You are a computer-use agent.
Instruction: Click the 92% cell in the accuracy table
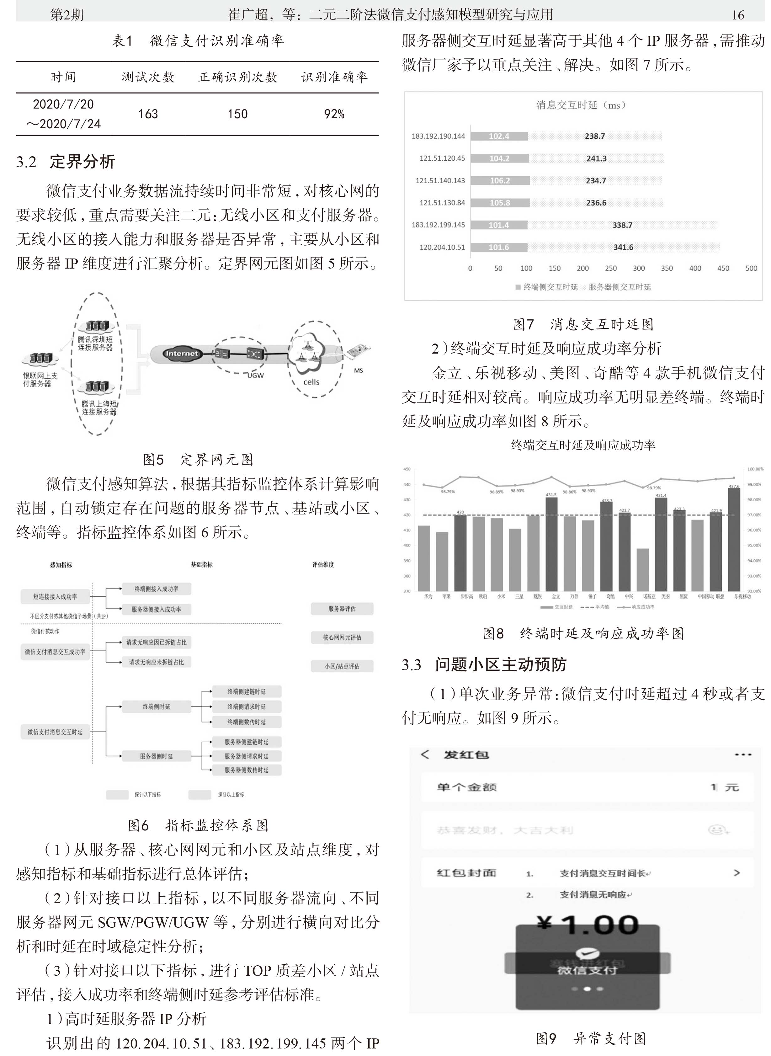click(334, 114)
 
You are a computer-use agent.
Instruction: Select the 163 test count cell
click(148, 114)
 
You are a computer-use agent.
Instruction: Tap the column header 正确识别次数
click(237, 77)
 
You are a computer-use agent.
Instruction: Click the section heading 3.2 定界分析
click(66, 162)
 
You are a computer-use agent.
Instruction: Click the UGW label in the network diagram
click(255, 375)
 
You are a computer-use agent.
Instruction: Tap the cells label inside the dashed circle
click(311, 382)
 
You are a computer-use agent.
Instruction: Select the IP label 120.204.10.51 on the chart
click(442, 248)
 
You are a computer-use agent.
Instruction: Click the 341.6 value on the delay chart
click(623, 248)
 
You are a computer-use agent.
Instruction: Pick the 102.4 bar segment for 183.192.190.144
click(499, 136)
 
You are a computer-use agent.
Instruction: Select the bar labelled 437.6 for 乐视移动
click(734, 539)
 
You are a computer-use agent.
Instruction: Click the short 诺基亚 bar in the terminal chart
click(643, 569)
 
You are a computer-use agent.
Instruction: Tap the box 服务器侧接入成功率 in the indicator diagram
click(156, 609)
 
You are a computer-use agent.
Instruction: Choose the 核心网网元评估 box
click(342, 637)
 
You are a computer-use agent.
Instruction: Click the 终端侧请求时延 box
click(247, 706)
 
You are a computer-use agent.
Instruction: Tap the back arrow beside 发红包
click(425, 755)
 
